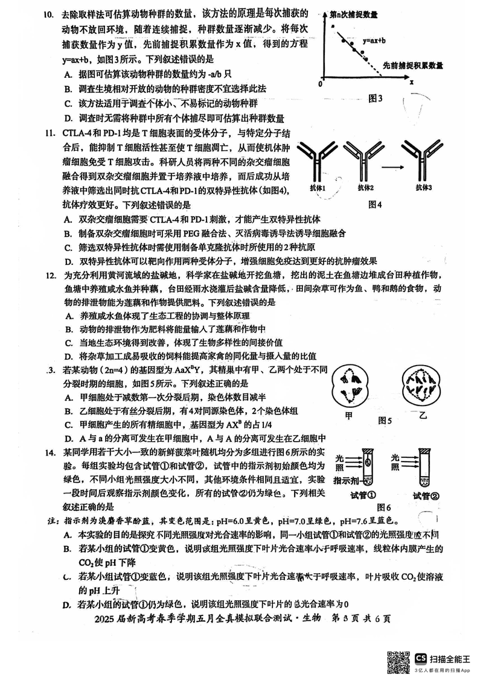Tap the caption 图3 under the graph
(376, 98)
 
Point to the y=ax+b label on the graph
(375, 41)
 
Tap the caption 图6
(384, 507)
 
